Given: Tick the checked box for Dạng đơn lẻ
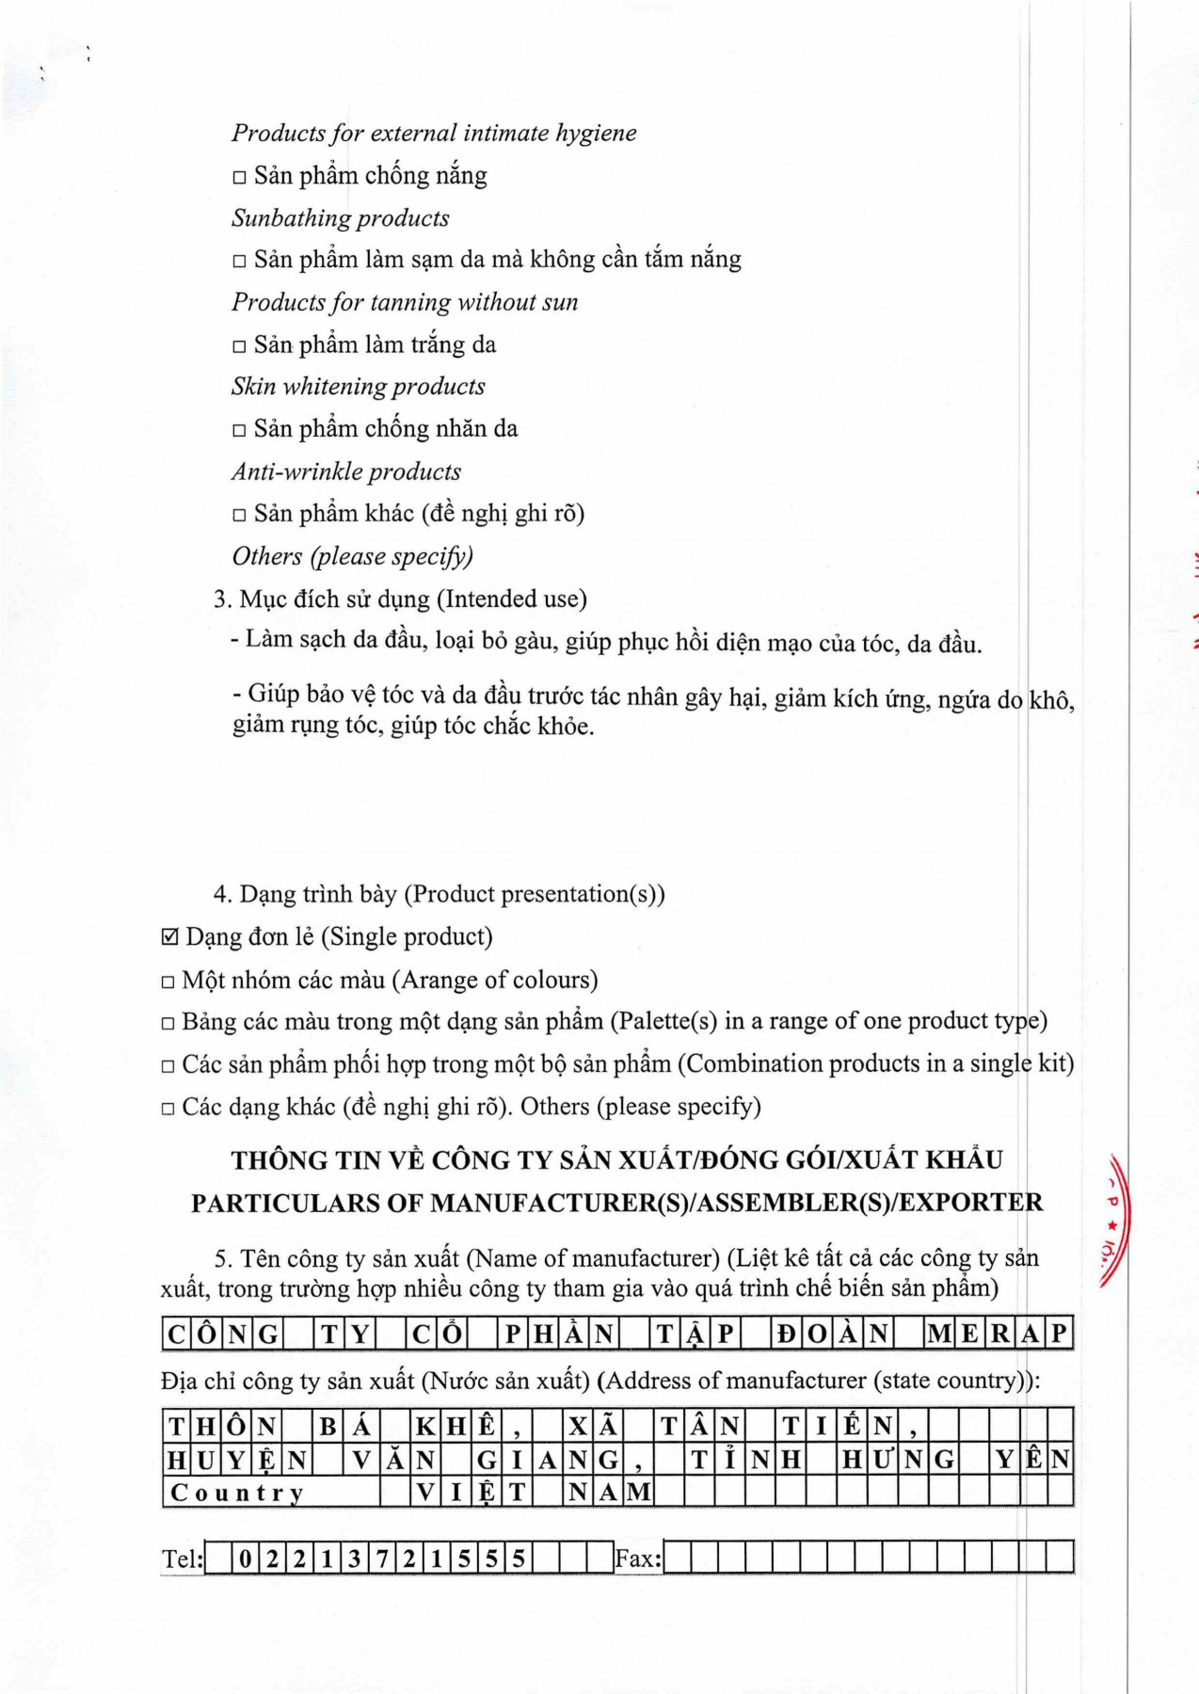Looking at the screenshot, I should pyautogui.click(x=169, y=937).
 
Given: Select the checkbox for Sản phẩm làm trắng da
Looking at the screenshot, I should pyautogui.click(x=239, y=346).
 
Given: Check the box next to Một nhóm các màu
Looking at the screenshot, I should pyautogui.click(x=168, y=983).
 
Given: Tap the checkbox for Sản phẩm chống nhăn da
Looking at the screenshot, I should pyautogui.click(x=239, y=431).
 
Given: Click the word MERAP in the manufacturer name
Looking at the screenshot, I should pyautogui.click(x=999, y=1334).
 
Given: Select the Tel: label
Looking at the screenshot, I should pyautogui.click(x=182, y=1559).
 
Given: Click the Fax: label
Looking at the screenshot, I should pyautogui.click(x=638, y=1559).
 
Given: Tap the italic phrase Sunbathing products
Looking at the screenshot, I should pyautogui.click(x=341, y=218).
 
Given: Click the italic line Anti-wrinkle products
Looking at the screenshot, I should pyautogui.click(x=346, y=471).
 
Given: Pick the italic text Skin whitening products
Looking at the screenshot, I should pyautogui.click(x=359, y=387).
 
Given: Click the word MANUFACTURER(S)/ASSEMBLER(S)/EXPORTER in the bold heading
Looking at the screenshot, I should pyautogui.click(x=737, y=1203).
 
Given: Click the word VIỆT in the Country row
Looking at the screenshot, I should pyautogui.click(x=471, y=1493).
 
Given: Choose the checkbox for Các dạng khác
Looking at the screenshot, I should pyautogui.click(x=168, y=1109).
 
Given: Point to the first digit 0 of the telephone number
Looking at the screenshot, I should pyautogui.click(x=245, y=1559).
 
